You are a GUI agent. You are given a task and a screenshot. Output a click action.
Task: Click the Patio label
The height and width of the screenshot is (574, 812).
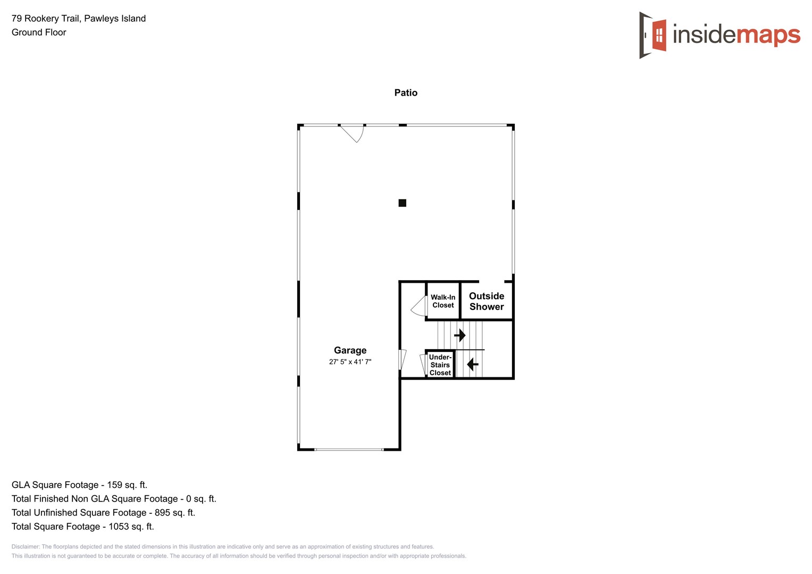tap(406, 93)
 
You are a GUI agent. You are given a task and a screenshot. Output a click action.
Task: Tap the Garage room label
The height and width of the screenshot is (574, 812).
tap(350, 350)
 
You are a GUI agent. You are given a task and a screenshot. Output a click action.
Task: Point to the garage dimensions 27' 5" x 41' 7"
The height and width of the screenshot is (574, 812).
tap(350, 362)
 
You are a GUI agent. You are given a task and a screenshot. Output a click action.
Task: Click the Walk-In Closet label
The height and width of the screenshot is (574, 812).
tap(443, 301)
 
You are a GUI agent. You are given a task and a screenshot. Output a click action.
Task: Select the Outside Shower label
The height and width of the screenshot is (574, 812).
tap(487, 301)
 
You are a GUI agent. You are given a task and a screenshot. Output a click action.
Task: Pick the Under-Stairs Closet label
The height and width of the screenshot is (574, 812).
tap(440, 365)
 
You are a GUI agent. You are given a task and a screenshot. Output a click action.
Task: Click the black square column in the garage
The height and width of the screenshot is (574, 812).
tap(403, 203)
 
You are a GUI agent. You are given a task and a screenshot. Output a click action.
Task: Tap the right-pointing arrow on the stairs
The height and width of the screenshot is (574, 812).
tap(460, 335)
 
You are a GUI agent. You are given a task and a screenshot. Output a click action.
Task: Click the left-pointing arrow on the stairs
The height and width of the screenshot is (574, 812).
tap(472, 364)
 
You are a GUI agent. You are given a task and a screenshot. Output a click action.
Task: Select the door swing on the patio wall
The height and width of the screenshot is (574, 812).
tap(354, 133)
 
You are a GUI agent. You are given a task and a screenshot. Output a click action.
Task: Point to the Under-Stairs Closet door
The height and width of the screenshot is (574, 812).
tap(423, 364)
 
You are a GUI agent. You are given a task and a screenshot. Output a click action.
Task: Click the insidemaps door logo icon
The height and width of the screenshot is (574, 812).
tap(653, 35)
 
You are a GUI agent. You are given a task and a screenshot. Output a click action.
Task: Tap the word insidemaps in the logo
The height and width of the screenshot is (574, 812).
tap(736, 35)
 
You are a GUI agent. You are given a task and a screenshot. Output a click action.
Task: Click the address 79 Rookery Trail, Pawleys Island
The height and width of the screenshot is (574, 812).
tap(79, 19)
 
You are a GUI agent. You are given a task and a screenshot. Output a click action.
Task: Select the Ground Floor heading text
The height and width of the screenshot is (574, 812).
tap(39, 32)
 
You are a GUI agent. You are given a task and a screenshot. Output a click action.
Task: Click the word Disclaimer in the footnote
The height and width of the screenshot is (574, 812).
tap(26, 547)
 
